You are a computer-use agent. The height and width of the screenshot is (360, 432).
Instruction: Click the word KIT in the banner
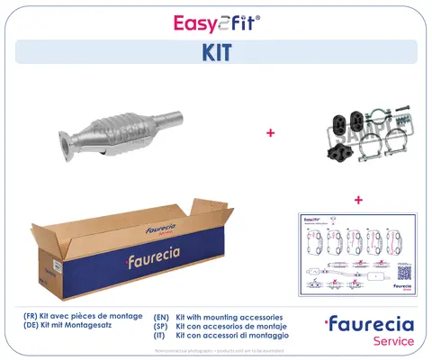click(216, 52)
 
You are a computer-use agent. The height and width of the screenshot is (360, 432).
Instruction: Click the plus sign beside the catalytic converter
click(269, 133)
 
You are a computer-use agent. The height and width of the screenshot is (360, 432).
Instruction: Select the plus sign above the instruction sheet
click(357, 199)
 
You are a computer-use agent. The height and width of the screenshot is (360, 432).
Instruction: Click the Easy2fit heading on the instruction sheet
click(311, 219)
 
